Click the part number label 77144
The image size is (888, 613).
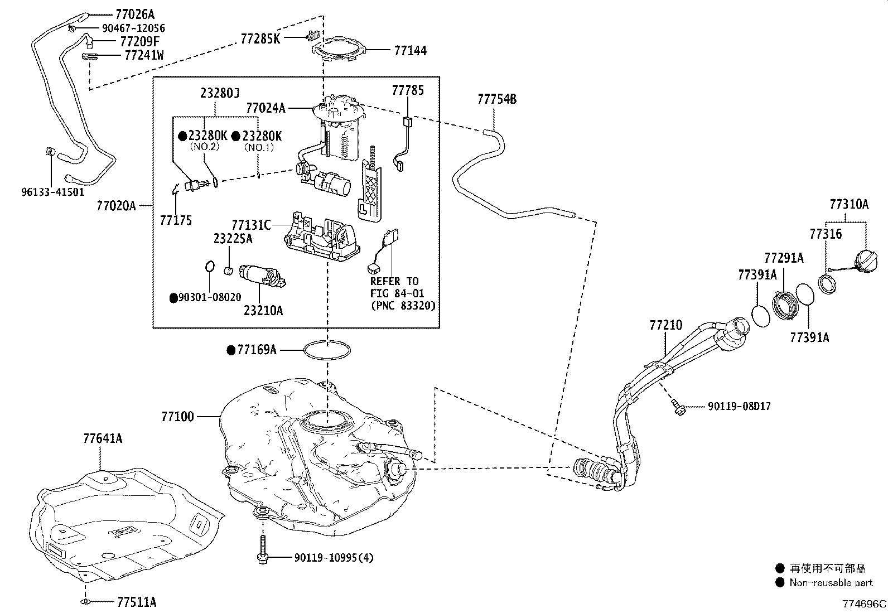pyautogui.click(x=410, y=51)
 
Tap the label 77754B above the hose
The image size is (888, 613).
pyautogui.click(x=496, y=99)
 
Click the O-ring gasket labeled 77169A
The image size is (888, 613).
pyautogui.click(x=327, y=350)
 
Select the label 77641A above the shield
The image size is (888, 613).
pyautogui.click(x=103, y=438)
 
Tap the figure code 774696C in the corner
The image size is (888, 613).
pyautogui.click(x=863, y=604)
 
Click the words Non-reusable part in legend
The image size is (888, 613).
pyautogui.click(x=831, y=583)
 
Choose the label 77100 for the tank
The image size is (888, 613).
pyautogui.click(x=177, y=416)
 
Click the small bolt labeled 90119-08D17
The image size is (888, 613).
pyautogui.click(x=678, y=409)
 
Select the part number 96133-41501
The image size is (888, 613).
pyautogui.click(x=53, y=192)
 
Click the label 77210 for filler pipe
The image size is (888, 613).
pyautogui.click(x=665, y=325)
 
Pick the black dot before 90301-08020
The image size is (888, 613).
pyautogui.click(x=173, y=298)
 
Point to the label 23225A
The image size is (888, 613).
pyautogui.click(x=233, y=239)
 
